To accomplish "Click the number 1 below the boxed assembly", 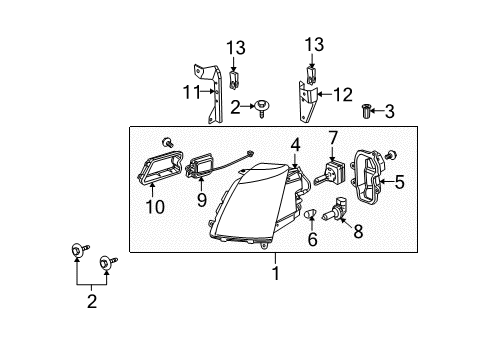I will [x=276, y=271].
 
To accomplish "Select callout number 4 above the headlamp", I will [x=295, y=146].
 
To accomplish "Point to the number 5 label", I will [x=398, y=182].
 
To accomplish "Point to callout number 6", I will [x=312, y=241].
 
